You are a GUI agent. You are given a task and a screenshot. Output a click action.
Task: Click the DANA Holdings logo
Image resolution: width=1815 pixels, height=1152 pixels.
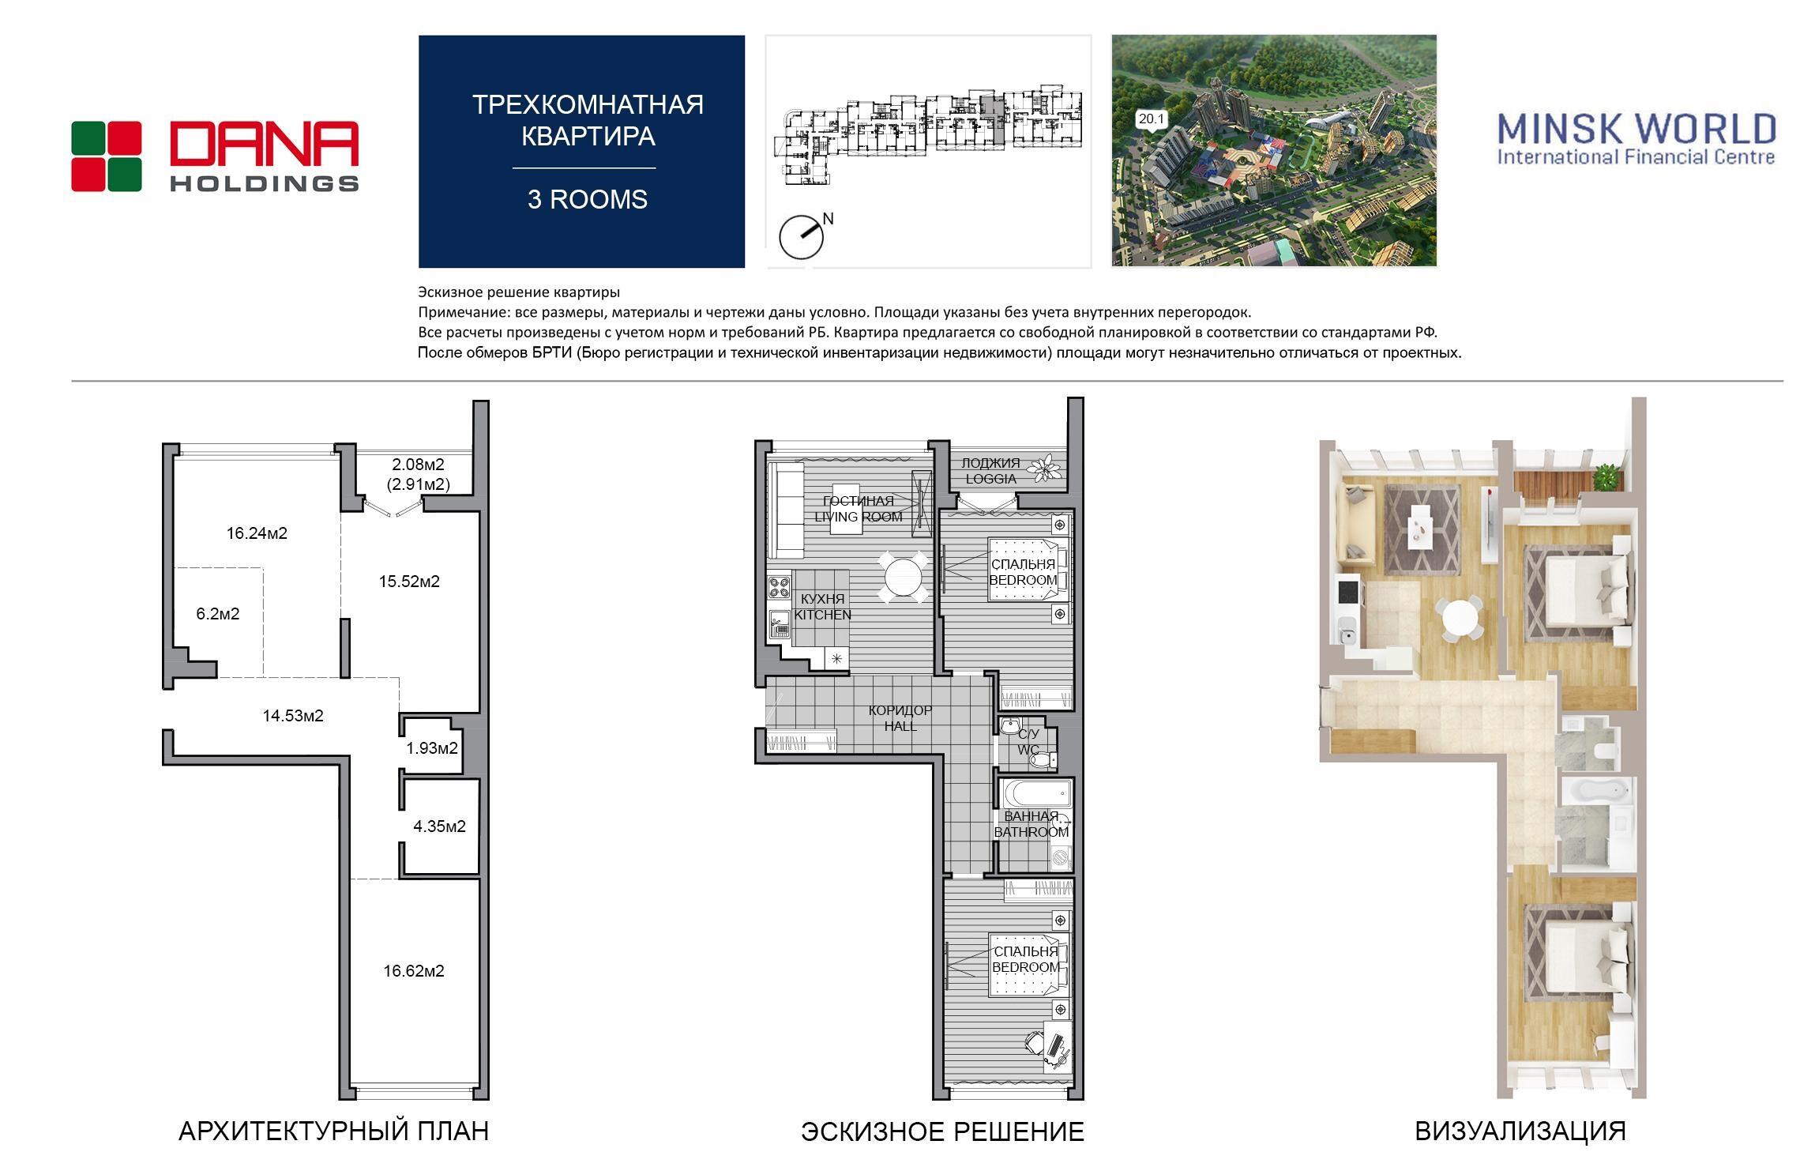215,156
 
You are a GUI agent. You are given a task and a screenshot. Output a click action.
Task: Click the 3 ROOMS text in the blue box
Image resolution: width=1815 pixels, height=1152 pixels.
588,199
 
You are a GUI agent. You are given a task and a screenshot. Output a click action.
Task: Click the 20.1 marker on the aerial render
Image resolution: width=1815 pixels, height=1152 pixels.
1151,119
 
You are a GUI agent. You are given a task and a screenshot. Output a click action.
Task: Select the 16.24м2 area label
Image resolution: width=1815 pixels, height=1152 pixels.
257,533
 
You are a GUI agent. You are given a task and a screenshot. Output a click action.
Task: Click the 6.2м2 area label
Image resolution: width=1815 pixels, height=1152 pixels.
217,614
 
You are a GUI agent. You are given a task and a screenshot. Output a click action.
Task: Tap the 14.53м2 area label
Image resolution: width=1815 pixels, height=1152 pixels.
293,716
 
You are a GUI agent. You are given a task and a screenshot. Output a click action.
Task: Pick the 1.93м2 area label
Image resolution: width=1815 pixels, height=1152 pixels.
432,747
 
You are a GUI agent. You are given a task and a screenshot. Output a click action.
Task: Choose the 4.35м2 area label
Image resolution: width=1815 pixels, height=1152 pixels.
439,826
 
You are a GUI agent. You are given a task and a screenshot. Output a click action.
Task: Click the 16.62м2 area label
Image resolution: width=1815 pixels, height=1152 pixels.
414,971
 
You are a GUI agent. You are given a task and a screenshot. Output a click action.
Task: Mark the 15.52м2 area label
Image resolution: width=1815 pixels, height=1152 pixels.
409,582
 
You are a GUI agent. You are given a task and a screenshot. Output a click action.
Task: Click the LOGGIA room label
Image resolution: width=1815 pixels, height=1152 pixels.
990,479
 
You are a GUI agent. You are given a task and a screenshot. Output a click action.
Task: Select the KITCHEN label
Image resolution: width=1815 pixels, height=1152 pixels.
823,615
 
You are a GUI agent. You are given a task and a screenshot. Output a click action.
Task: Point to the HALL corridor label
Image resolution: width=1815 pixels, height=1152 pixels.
900,726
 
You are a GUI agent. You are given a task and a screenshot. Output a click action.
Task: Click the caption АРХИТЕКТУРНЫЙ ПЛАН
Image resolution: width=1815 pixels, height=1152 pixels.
333,1131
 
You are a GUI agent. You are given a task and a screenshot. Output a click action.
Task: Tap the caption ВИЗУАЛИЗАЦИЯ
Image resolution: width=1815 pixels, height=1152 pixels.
1520,1131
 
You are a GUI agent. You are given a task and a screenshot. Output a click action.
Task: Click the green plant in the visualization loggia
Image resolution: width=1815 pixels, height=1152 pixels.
1605,479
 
